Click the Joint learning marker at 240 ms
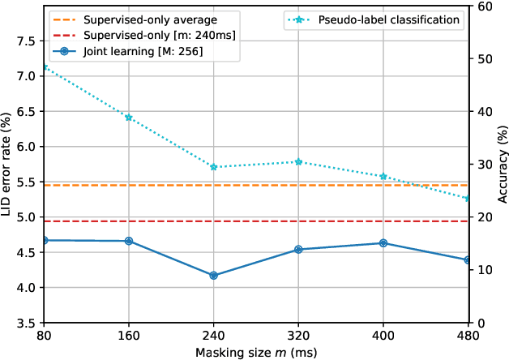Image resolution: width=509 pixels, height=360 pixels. (213, 276)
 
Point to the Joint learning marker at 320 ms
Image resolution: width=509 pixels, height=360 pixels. (298, 250)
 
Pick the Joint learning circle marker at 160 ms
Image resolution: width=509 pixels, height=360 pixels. (129, 241)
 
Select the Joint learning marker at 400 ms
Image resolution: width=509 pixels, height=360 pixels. (383, 243)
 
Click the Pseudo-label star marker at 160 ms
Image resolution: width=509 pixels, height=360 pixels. (129, 118)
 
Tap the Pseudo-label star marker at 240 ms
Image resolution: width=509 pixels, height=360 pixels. (213, 167)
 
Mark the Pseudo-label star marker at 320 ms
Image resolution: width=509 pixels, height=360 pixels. (298, 161)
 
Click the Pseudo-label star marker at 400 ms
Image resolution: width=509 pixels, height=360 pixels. (383, 176)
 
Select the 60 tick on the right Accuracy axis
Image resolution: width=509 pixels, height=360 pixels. (483, 6)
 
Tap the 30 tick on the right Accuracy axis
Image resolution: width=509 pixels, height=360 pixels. (483, 165)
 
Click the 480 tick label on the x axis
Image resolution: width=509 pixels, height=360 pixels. (468, 336)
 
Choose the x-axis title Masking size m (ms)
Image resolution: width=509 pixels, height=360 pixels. (256, 351)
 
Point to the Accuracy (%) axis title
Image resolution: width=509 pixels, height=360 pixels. (502, 165)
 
